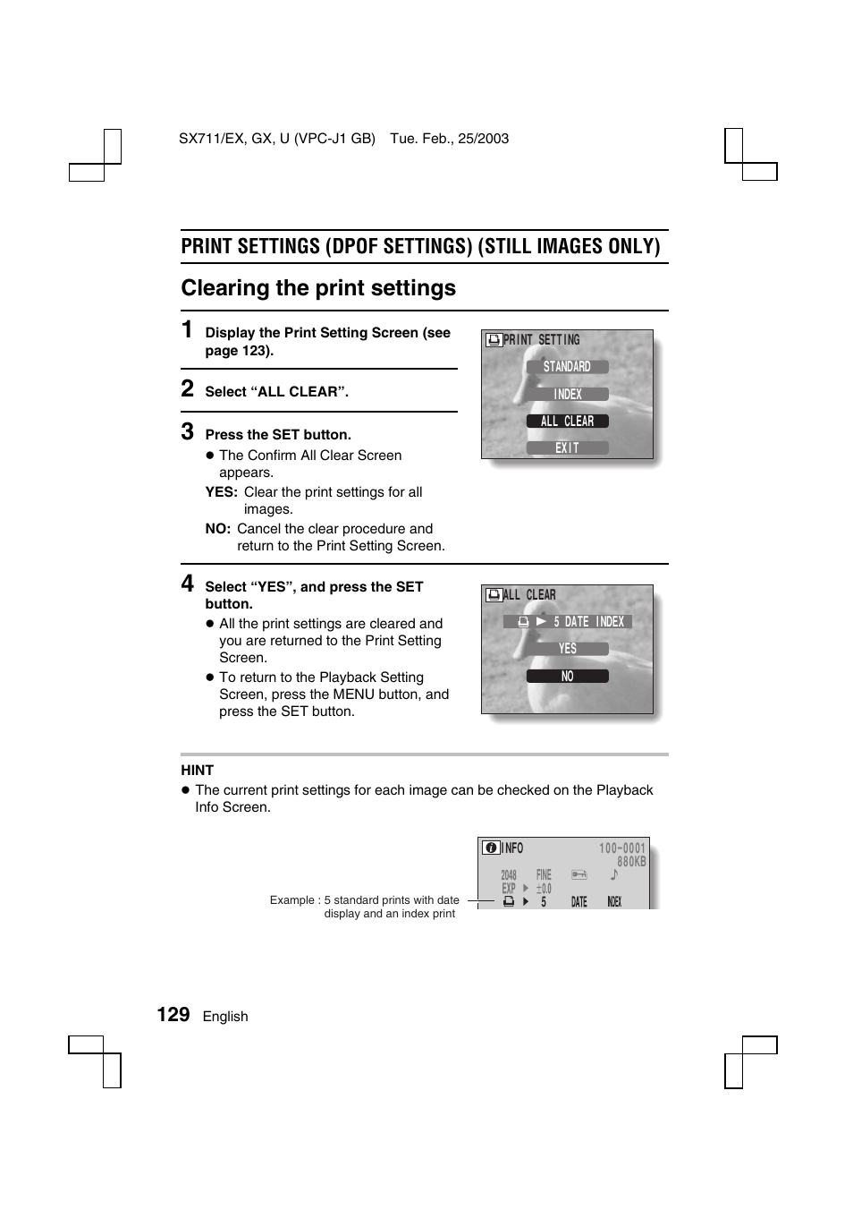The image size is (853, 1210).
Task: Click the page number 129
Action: pos(173,1014)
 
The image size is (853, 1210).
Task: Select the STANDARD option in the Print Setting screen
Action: pos(567,367)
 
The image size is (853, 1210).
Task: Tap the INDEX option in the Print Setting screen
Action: pos(567,394)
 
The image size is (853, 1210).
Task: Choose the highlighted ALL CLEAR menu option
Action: pos(567,421)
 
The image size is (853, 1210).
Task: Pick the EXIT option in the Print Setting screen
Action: pos(567,447)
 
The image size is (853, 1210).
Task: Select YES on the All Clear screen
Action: pos(567,649)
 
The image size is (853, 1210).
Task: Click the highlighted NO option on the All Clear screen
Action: pos(567,677)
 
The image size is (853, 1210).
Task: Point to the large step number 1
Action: pos(187,329)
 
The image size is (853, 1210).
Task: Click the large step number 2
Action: pos(187,388)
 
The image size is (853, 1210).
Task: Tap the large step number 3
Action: pos(187,431)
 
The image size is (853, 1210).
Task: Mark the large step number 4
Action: pos(187,584)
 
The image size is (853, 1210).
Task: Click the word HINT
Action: pos(197,771)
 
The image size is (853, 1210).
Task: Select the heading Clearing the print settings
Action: pos(318,288)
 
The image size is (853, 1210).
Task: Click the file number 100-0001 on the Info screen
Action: pos(621,848)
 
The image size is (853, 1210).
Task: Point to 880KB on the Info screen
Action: pos(630,862)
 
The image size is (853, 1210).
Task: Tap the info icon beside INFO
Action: pos(491,848)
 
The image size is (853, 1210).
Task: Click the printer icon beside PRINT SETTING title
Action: pos(494,340)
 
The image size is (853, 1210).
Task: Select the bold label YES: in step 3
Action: pos(221,492)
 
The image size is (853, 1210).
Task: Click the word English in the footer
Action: pos(225,1017)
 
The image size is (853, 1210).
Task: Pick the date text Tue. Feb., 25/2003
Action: pos(449,139)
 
